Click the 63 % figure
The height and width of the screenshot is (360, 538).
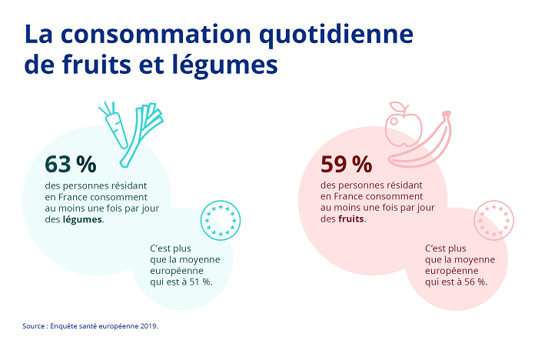coord(70,165)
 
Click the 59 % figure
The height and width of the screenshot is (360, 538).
coord(346,165)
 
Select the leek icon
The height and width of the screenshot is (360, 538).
coord(144,135)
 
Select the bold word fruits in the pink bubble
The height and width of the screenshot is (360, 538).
coord(352,219)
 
